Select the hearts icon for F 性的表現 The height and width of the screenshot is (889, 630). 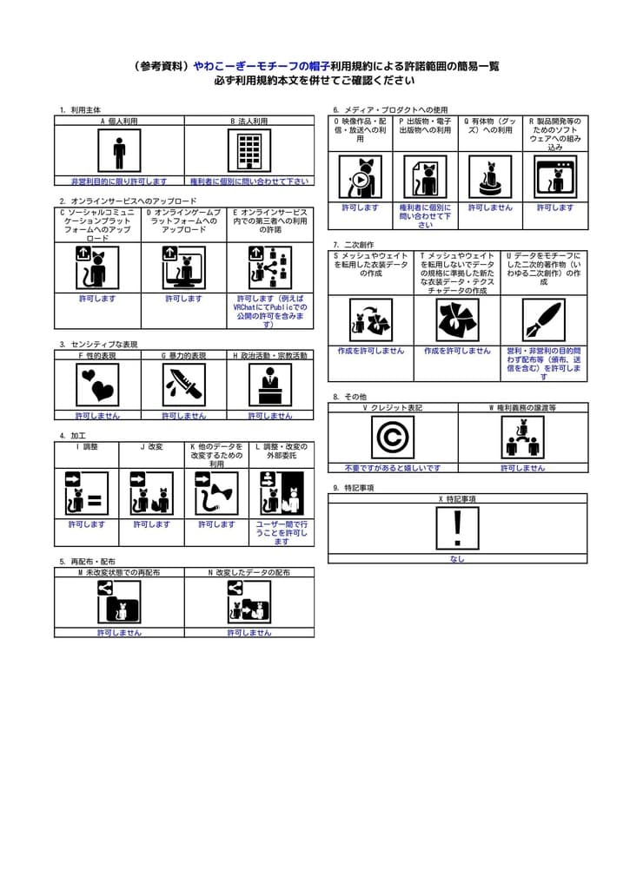pyautogui.click(x=97, y=385)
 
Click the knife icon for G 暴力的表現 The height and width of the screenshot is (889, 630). pyautogui.click(x=183, y=385)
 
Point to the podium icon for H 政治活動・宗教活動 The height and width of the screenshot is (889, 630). pyautogui.click(x=270, y=385)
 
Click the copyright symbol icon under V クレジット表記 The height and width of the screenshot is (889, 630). pyautogui.click(x=392, y=437)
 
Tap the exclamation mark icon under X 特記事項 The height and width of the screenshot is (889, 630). pyautogui.click(x=457, y=528)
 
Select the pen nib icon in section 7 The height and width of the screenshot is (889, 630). pyautogui.click(x=544, y=320)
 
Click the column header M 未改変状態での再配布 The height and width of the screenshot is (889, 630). pyautogui.click(x=119, y=573)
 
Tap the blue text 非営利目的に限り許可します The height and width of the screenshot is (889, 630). pyautogui.click(x=119, y=181)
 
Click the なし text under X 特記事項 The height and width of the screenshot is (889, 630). pyautogui.click(x=457, y=559)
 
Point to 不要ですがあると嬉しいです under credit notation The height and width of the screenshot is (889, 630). pyautogui.click(x=392, y=468)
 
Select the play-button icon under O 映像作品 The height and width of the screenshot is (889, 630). pyautogui.click(x=360, y=177)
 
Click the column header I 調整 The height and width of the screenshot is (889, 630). pyautogui.click(x=87, y=447)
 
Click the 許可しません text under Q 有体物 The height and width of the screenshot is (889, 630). pyautogui.click(x=490, y=208)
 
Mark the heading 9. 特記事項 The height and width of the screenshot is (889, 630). pyautogui.click(x=353, y=488)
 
